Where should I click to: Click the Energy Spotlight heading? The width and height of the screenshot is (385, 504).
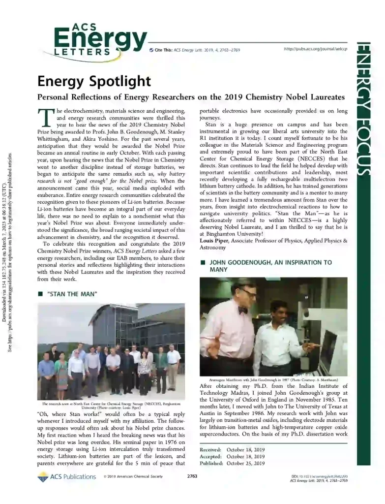pos(94,80)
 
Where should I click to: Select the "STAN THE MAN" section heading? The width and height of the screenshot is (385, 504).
pos(71,294)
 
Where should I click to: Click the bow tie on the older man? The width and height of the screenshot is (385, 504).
pos(242,310)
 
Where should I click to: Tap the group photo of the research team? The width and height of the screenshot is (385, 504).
pos(111,351)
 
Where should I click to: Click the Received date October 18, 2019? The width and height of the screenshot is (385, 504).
pos(245,450)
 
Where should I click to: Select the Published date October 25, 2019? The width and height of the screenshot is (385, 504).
pos(245,463)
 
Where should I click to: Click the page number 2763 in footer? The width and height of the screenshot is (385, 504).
pos(192,476)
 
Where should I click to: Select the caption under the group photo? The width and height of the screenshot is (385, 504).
pos(111,406)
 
